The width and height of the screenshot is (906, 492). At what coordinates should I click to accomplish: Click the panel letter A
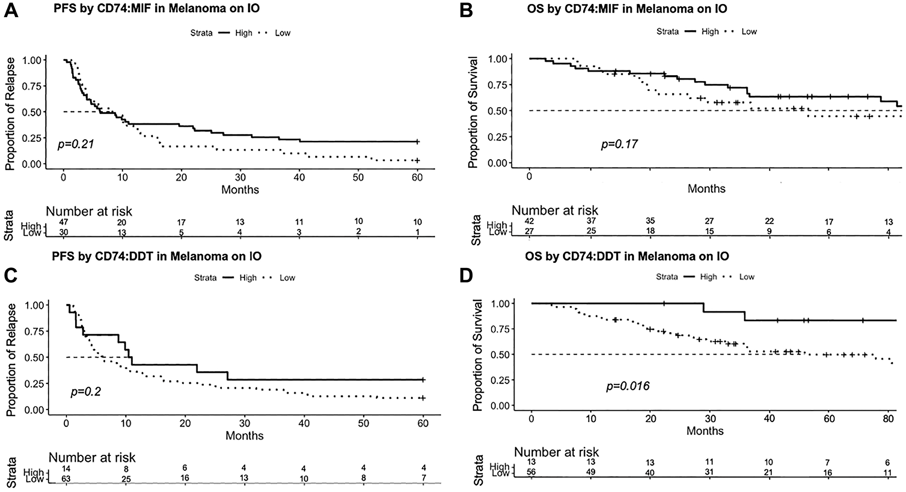11,10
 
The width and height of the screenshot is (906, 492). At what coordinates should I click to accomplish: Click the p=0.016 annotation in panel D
628,386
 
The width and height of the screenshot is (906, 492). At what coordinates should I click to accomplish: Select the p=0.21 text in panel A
76,144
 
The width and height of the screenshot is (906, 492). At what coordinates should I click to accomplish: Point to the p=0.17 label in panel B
619,144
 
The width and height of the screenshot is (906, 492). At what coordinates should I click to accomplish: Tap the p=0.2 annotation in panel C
86,391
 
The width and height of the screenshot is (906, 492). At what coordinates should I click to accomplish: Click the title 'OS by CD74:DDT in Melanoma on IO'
627,256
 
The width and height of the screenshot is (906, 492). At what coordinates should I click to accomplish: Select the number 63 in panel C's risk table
66,478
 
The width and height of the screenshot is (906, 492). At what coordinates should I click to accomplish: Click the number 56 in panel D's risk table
531,472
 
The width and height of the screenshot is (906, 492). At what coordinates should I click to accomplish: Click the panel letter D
467,276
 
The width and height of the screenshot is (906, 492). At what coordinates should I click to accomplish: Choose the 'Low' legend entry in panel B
749,32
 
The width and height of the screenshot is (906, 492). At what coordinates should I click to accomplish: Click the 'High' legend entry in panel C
248,278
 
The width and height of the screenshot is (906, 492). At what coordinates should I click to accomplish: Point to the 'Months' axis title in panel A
240,189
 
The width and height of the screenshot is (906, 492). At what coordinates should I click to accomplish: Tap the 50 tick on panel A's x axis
358,178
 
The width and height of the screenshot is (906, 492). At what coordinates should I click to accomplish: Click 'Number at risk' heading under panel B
554,210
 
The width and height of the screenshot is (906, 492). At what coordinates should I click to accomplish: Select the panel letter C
11,276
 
